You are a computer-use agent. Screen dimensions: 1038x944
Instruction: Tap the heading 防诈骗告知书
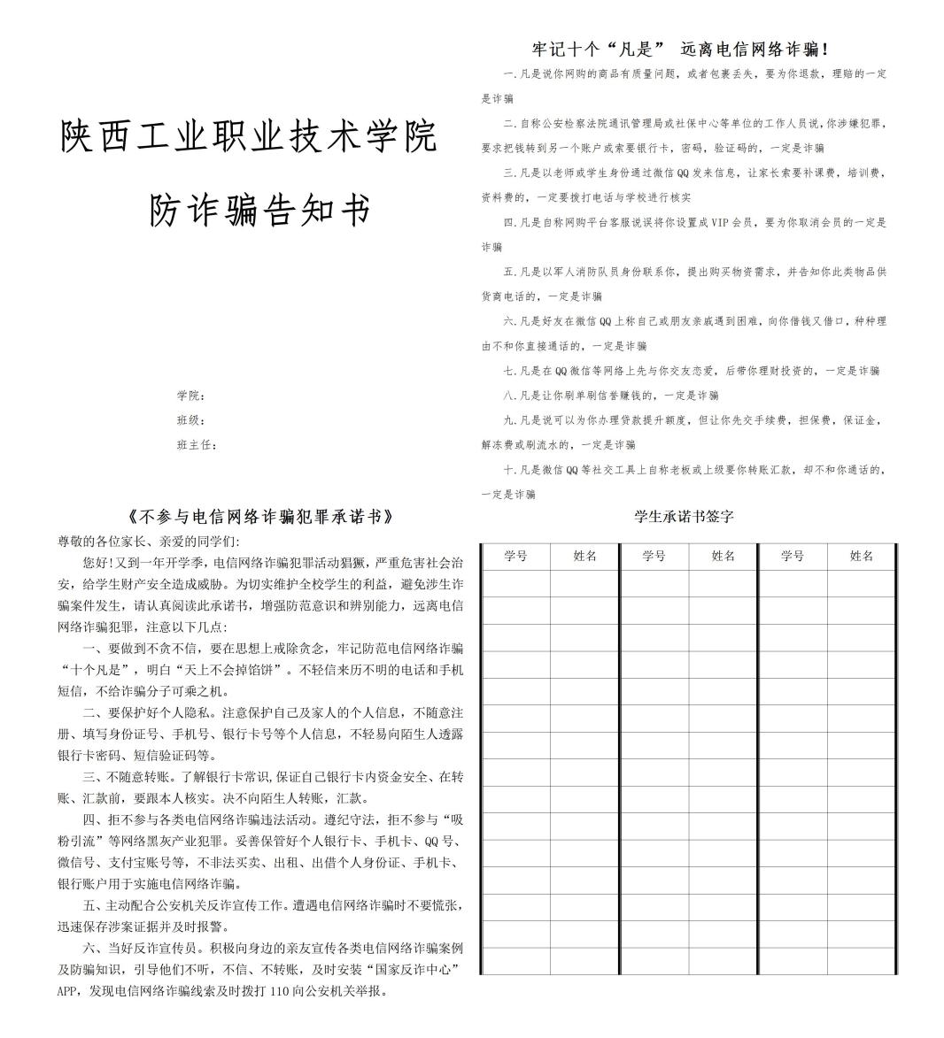point(259,211)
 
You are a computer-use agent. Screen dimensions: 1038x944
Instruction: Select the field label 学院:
point(191,395)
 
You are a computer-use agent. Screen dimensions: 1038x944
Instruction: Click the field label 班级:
point(191,419)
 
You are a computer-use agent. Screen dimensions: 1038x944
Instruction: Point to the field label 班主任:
point(197,444)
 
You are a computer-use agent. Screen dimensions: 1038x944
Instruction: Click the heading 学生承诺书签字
point(684,516)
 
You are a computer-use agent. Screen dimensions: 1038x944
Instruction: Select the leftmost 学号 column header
point(515,556)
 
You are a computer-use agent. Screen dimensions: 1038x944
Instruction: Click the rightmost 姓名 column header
point(861,556)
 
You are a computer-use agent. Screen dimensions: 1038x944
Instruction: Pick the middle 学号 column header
point(654,556)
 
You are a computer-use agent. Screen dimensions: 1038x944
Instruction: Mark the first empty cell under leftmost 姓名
point(584,583)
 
